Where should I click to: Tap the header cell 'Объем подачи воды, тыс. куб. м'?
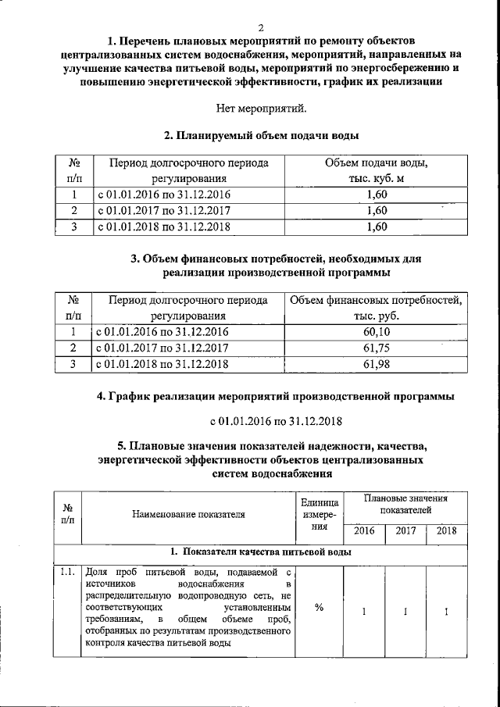click(376, 171)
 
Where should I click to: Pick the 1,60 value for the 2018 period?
click(376, 227)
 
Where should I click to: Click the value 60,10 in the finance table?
click(376, 332)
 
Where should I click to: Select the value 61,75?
click(376, 348)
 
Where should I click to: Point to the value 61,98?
click(376, 364)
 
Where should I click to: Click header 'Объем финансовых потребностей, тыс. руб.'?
click(376, 308)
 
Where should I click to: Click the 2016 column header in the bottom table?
click(364, 531)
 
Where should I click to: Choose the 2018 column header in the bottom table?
click(446, 531)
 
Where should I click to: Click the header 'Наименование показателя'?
click(188, 514)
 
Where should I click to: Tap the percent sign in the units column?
click(319, 610)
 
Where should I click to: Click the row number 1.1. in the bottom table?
click(66, 574)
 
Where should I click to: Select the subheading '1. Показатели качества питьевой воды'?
click(261, 552)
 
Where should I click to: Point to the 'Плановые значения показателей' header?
click(405, 504)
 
